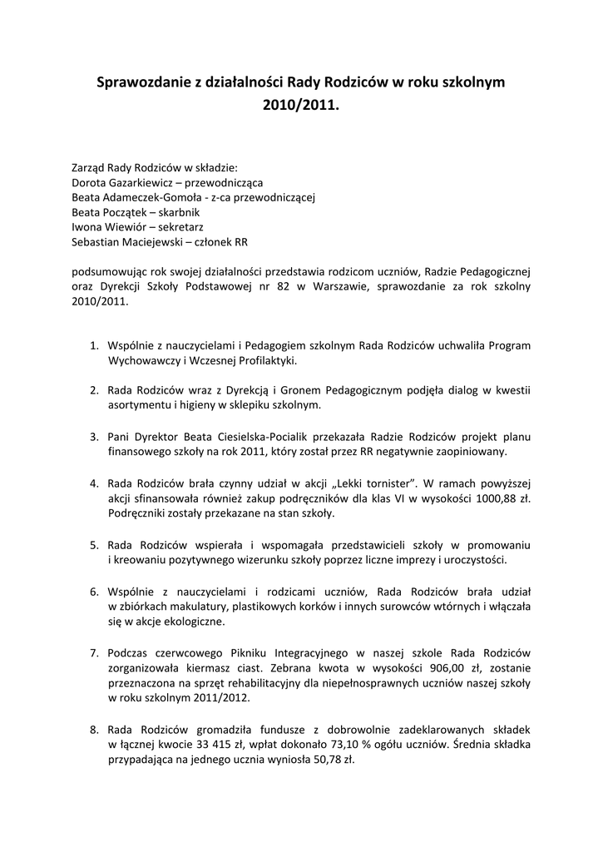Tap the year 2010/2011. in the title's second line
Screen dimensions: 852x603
pyautogui.click(x=301, y=106)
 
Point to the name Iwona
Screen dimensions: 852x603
pyautogui.click(x=87, y=227)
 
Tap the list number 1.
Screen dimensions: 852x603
pyautogui.click(x=94, y=345)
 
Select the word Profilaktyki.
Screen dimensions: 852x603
pyautogui.click(x=264, y=361)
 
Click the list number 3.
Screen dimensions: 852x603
pyautogui.click(x=94, y=436)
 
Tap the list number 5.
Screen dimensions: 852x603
pyautogui.click(x=94, y=544)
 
